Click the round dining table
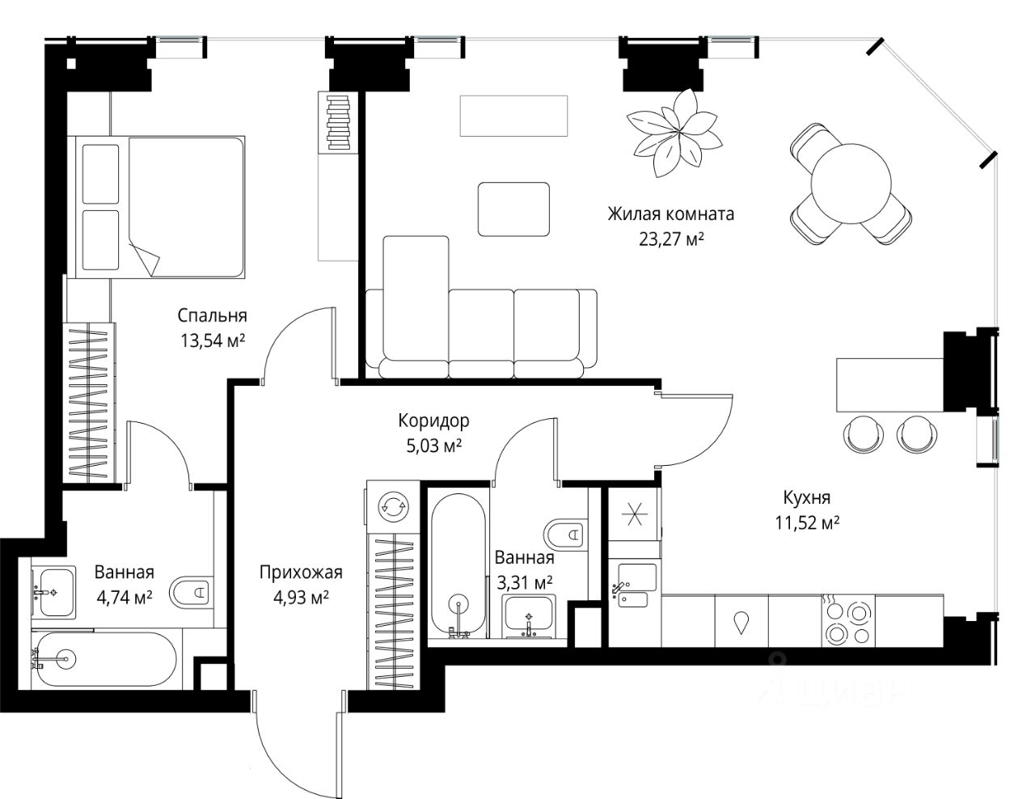point(851,184)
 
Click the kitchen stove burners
point(848,623)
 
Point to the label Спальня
point(212,315)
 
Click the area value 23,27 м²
point(671,239)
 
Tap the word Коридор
point(433,421)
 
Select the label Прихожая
point(301,573)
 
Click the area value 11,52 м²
point(807,523)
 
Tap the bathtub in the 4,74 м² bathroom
point(107,660)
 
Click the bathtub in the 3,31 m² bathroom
point(458,565)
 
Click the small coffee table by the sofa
point(513,209)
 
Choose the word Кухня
point(807,498)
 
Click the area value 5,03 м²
point(433,446)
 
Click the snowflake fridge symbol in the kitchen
point(635,514)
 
